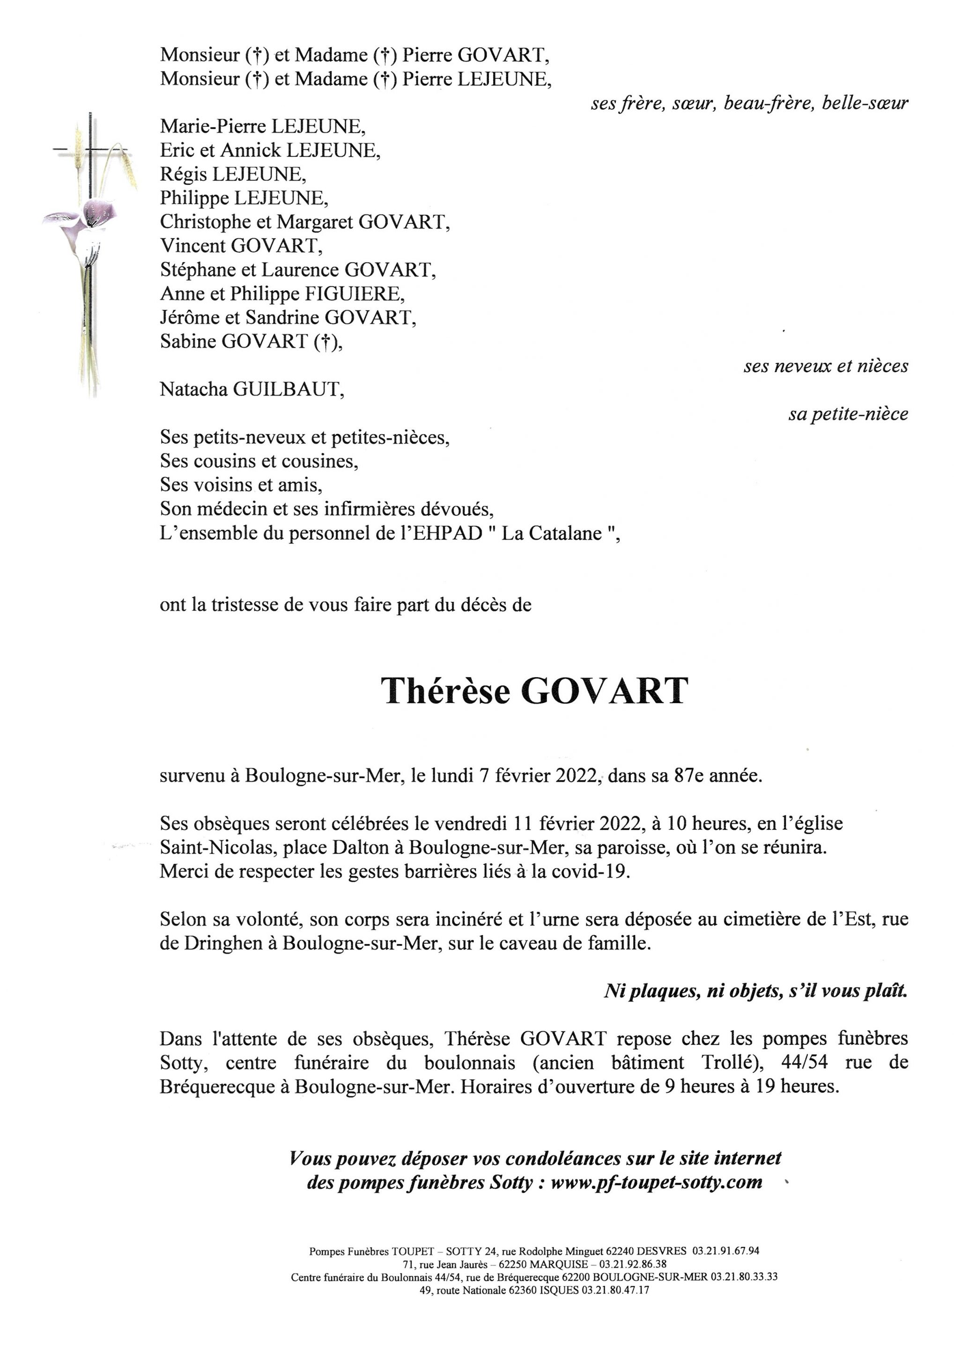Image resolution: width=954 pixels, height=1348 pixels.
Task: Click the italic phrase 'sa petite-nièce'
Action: coord(848,415)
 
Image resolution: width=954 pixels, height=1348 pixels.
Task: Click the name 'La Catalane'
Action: coord(551,533)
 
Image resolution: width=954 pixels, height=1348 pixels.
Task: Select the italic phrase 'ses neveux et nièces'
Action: coord(825,366)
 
